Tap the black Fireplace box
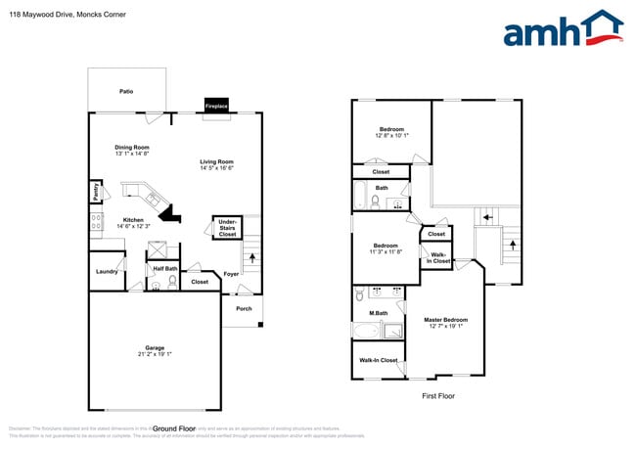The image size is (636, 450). tap(216, 105)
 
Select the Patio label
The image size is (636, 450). tap(126, 91)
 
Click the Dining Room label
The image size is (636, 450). tap(131, 148)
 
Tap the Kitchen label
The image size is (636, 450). tap(132, 220)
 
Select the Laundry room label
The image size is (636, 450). tap(107, 272)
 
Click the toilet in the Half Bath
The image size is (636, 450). tap(173, 282)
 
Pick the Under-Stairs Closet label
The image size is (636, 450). tap(227, 229)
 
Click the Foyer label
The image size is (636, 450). tap(231, 274)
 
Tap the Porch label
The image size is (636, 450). tap(244, 308)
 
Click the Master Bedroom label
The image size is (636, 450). tap(445, 320)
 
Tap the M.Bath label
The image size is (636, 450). tap(377, 313)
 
